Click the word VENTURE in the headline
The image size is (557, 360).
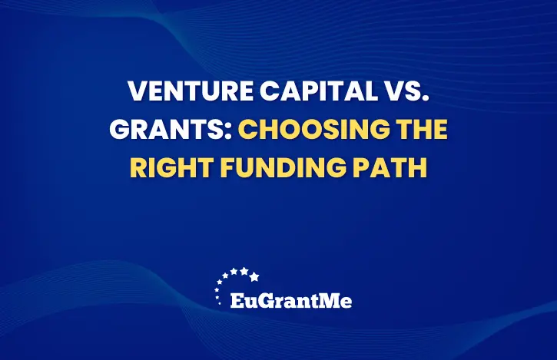click(x=191, y=91)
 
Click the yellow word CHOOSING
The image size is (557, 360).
click(x=313, y=129)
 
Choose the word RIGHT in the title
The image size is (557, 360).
click(x=171, y=167)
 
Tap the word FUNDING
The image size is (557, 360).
click(x=283, y=167)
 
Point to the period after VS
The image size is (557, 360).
click(x=426, y=99)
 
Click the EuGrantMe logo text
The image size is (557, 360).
click(x=291, y=301)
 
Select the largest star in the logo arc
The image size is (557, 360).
click(x=254, y=276)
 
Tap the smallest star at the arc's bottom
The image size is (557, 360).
click(x=220, y=303)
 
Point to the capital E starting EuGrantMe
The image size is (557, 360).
click(x=237, y=301)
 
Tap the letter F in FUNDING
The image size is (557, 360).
click(x=227, y=167)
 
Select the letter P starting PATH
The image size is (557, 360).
click(x=360, y=167)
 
